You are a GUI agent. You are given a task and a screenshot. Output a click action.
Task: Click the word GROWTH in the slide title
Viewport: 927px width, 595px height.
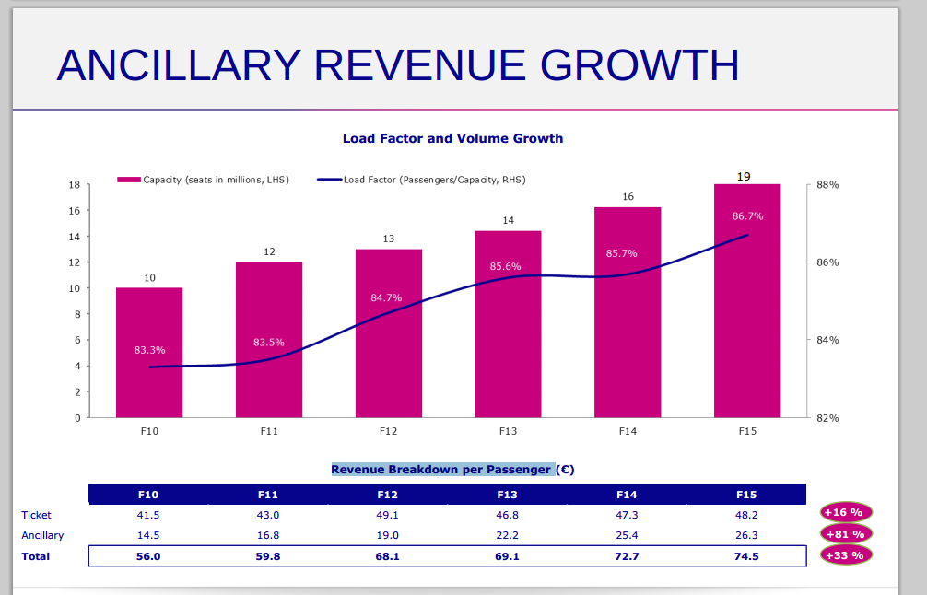click(640, 64)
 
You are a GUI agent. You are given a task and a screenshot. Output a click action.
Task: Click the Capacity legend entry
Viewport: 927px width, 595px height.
click(204, 180)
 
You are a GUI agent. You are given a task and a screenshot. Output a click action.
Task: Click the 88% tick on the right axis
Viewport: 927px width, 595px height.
click(827, 185)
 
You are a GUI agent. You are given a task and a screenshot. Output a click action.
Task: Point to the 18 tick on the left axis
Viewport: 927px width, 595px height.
click(75, 185)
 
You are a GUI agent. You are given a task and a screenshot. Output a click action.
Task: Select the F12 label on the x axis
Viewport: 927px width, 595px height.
click(389, 431)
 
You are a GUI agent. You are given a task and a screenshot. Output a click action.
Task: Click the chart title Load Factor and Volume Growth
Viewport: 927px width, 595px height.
click(452, 138)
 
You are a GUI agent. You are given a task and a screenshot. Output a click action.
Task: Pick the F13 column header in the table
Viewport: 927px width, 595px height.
click(508, 495)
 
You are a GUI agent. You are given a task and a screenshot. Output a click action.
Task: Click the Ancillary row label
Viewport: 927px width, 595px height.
click(43, 535)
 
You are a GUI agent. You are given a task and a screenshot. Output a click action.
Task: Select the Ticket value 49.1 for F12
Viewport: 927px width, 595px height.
click(388, 515)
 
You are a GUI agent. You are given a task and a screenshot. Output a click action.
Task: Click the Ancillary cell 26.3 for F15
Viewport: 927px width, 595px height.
click(746, 535)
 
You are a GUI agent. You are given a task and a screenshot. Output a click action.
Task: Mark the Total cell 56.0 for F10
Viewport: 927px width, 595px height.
click(148, 556)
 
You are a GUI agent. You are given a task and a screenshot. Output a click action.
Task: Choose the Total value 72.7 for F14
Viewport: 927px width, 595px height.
click(627, 556)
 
